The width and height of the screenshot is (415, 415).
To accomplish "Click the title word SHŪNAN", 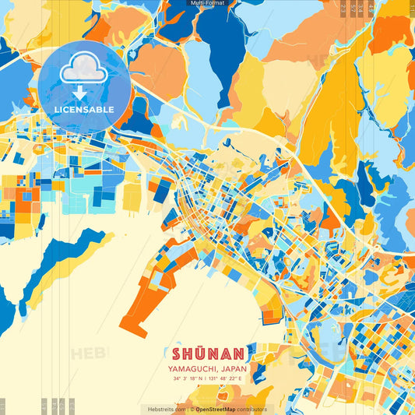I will coord(207,353).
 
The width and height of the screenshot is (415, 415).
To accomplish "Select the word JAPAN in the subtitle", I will coord(234,368).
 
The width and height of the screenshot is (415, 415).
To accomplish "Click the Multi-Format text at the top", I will coord(206,3).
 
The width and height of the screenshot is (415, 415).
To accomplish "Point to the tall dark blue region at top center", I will coord(223,39).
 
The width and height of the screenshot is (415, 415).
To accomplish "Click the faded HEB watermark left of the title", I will coord(90,354).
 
